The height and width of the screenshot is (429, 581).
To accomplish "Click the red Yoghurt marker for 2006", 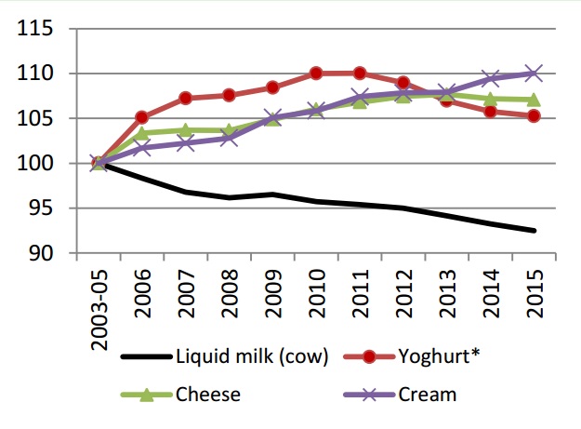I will (142, 117).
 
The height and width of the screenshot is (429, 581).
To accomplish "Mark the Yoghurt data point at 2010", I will (316, 73).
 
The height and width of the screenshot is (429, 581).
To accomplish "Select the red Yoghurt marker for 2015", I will (535, 116).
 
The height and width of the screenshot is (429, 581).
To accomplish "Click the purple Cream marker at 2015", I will (535, 73).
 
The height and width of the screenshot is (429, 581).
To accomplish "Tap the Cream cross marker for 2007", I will (186, 143).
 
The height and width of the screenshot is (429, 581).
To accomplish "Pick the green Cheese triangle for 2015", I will (535, 100).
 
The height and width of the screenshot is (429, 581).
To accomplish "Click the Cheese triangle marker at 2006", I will (142, 133).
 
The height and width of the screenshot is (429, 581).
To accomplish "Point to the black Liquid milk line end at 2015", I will (535, 231).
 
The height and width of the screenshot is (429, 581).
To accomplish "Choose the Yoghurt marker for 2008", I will (230, 95).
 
